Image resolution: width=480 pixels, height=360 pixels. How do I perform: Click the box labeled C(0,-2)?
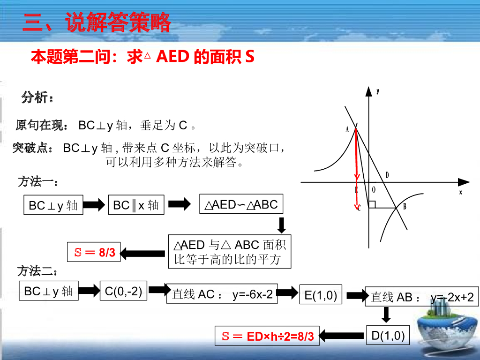coord(124,291)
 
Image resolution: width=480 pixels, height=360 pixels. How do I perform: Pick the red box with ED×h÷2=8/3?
coord(267,336)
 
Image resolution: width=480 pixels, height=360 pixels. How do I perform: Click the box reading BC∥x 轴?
coord(136,205)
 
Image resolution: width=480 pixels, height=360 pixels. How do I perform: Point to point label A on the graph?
coord(347,129)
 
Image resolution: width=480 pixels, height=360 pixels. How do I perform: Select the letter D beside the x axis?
coord(387,175)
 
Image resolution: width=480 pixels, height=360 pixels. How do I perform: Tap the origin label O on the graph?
coord(374,190)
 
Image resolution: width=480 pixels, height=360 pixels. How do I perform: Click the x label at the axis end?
coord(460,192)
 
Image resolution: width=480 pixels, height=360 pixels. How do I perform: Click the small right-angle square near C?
coord(372,204)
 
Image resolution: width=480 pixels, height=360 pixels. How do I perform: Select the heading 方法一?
coord(38,182)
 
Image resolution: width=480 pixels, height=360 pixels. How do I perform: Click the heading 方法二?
coord(37,271)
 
